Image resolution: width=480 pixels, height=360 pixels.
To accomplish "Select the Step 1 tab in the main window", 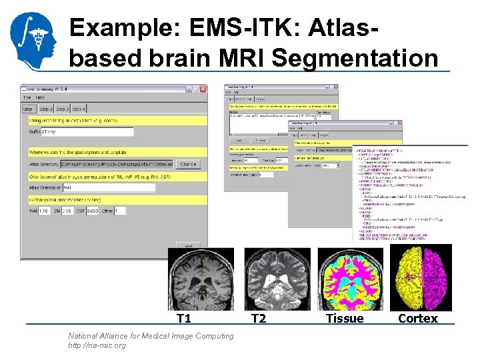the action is coord(29,109).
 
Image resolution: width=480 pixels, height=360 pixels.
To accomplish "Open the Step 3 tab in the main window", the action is coord(62,109).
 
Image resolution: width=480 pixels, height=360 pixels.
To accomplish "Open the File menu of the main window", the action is coord(27,98).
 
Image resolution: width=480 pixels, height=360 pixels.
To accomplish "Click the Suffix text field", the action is coord(87,132).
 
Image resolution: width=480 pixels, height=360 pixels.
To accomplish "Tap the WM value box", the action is coord(44,211).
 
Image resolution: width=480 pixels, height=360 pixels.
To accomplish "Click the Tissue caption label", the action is coord(345,319).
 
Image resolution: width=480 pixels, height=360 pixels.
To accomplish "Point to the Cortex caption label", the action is coord(418,319).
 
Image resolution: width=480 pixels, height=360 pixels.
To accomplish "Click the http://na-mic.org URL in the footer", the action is coord(97,345).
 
